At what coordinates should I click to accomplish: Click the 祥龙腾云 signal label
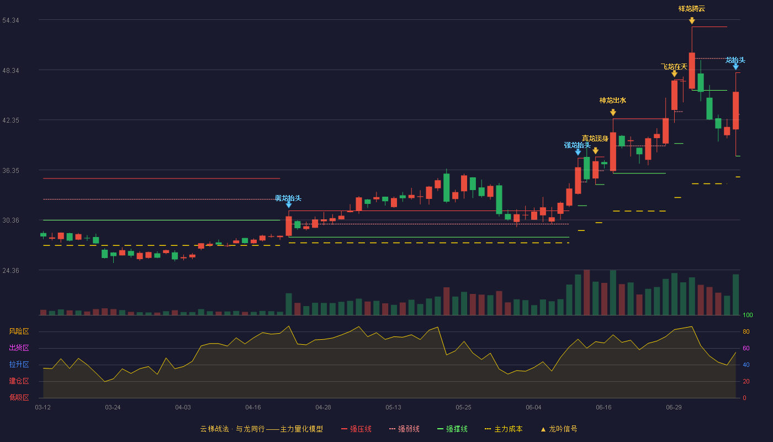(x=691, y=9)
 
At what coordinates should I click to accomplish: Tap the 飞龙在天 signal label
(x=674, y=66)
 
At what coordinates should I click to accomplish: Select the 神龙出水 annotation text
(x=612, y=100)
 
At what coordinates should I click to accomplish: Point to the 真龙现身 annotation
(x=595, y=139)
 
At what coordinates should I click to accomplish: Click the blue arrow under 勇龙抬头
(x=289, y=205)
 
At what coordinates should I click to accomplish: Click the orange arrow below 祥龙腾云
(x=692, y=21)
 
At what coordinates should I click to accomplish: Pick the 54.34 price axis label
(x=10, y=20)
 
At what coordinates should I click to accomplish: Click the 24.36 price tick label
(x=10, y=270)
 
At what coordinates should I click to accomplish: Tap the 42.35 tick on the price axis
(x=10, y=120)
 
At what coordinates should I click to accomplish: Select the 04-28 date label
(x=323, y=408)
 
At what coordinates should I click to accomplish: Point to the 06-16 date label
(x=603, y=408)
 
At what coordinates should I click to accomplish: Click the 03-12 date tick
(x=43, y=408)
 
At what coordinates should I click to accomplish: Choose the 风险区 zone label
(x=19, y=331)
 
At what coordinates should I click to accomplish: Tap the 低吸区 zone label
(x=19, y=397)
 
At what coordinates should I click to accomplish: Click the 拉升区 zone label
(x=19, y=364)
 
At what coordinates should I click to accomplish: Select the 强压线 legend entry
(x=356, y=429)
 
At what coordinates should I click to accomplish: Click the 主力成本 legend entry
(x=504, y=429)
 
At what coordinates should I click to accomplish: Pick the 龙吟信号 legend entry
(x=559, y=429)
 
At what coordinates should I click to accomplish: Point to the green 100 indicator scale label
(x=748, y=315)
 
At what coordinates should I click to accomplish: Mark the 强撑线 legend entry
(x=452, y=429)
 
